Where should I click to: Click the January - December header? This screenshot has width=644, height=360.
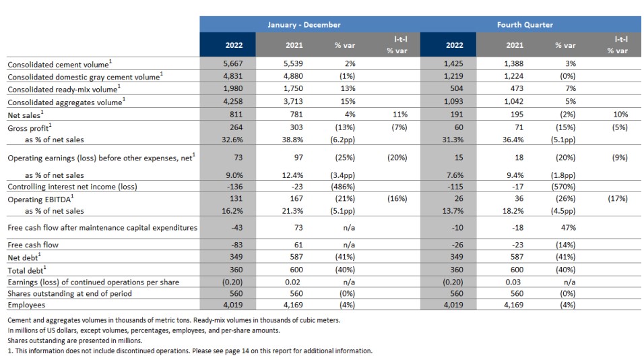304,25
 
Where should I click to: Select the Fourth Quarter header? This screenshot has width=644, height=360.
525,25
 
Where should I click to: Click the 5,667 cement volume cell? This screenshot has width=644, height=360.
233,63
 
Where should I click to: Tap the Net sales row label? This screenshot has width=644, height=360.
26,115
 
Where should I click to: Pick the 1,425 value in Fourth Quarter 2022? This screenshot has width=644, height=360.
453,63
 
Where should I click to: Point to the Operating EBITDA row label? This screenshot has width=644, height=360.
40,199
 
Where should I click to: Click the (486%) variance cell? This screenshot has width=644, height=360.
342,187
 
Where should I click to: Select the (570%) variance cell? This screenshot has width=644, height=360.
563,187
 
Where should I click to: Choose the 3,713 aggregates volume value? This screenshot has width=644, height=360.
293,102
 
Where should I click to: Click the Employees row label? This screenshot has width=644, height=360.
26,305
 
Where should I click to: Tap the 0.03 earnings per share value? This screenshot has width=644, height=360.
513,282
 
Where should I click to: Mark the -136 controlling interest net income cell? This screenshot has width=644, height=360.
235,187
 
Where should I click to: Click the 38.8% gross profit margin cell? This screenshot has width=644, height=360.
292,140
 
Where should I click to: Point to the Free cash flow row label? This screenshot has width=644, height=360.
33,245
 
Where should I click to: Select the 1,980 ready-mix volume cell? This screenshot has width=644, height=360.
233,89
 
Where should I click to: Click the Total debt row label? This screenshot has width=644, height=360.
27,270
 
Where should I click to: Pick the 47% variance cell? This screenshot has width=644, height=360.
569,228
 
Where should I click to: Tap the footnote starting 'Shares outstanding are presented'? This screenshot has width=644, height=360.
75,340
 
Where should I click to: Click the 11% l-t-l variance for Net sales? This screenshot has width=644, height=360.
400,114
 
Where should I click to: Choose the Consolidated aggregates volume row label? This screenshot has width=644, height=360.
67,102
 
